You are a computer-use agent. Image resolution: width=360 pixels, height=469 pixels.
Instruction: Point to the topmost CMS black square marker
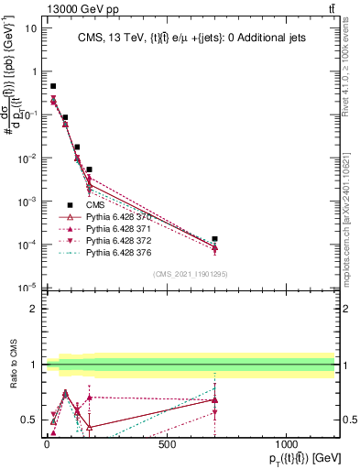[x=53, y=86]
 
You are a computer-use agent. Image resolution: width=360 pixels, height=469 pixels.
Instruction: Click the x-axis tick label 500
[x=167, y=444]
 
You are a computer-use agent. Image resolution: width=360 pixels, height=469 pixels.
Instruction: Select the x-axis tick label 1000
[x=287, y=444]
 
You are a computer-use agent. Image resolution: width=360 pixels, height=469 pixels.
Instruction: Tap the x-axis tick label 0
[x=47, y=444]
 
